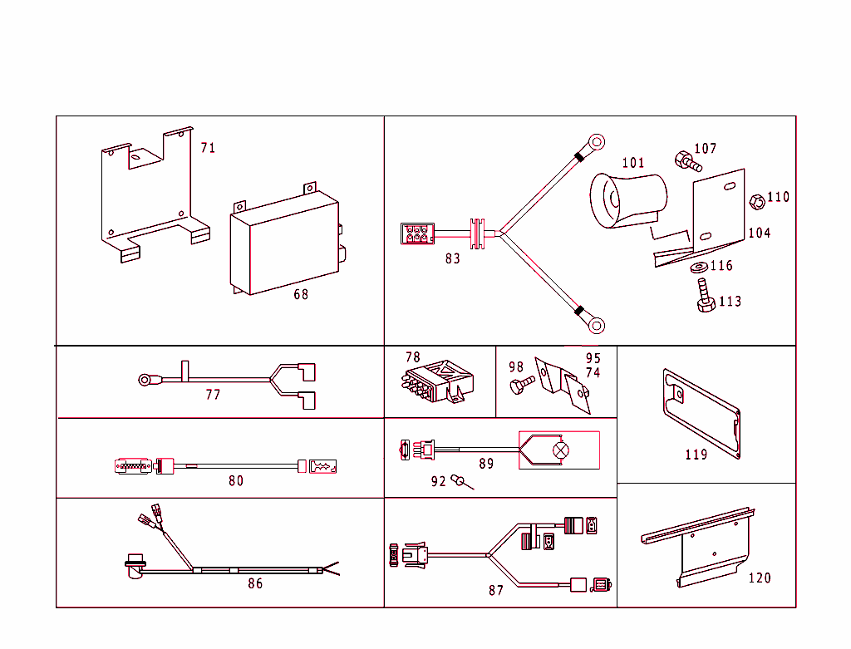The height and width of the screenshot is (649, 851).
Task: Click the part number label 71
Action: [x=208, y=148]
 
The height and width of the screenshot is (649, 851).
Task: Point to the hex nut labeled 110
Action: [x=757, y=202]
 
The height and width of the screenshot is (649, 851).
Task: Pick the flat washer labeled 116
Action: [x=697, y=267]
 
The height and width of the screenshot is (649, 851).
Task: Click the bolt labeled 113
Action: [x=706, y=298]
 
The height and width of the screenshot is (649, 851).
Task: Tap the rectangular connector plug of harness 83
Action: [x=416, y=233]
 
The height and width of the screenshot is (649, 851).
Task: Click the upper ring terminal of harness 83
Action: [x=596, y=141]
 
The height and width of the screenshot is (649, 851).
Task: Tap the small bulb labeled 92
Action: [x=460, y=481]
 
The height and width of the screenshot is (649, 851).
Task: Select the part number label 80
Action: [x=236, y=481]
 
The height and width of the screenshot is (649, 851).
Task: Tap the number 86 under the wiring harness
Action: [x=255, y=584]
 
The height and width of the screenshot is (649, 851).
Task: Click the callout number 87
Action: [x=496, y=591]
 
